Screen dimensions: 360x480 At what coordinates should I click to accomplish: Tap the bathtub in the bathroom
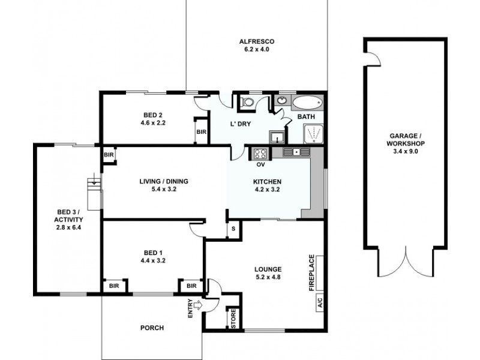pos(307,103)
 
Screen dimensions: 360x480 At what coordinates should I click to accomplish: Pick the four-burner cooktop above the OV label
pos(261,152)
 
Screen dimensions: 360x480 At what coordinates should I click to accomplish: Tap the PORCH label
pos(152,328)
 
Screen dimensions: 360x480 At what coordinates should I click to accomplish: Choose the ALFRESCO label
pos(257,41)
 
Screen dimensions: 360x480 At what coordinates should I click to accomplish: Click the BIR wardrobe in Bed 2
pos(201,131)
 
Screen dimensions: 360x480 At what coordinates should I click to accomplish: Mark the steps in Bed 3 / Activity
pos(94,192)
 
